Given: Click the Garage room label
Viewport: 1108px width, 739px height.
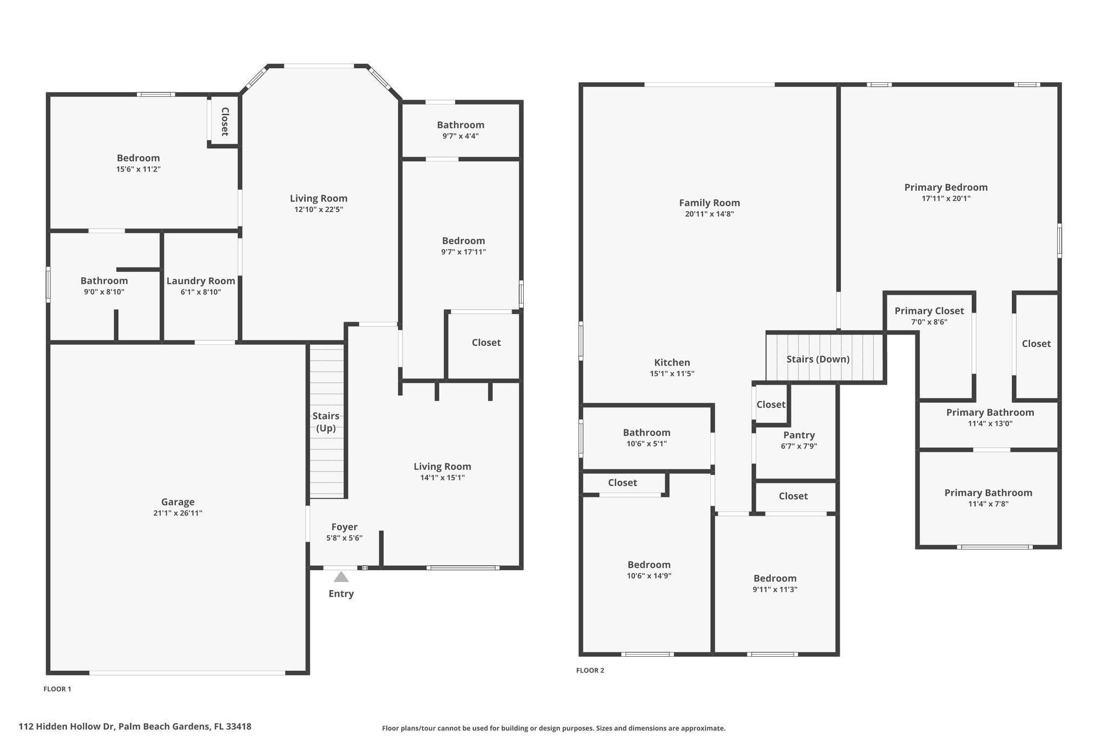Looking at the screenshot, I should [177, 502].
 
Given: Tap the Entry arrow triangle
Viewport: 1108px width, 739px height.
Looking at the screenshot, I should [341, 577].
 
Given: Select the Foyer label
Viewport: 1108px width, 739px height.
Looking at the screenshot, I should [344, 527].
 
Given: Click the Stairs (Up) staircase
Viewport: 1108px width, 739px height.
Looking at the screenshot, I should [327, 422].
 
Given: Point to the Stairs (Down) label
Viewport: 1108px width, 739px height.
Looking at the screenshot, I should [817, 359].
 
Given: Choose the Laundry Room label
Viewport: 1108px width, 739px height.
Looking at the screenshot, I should [201, 281].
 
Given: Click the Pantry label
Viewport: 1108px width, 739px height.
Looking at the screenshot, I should [799, 435].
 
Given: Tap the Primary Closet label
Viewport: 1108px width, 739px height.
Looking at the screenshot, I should [928, 311].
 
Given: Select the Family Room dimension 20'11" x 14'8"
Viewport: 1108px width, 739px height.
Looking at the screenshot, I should [709, 214].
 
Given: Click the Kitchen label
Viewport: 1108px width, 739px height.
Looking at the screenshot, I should [672, 363].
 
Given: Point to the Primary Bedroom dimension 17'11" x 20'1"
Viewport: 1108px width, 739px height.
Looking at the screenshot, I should [946, 199].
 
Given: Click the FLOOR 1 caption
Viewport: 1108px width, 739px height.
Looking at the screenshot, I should [57, 689].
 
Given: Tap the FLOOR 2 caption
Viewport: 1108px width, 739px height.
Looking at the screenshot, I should [590, 670].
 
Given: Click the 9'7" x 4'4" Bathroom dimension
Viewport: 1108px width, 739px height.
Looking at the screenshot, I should [460, 136].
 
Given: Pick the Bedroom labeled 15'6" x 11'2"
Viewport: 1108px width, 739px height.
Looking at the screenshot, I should [138, 158].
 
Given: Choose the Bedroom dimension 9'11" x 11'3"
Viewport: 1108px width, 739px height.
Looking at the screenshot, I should [775, 590].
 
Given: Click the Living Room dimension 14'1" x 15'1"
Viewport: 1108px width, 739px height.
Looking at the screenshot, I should [442, 478].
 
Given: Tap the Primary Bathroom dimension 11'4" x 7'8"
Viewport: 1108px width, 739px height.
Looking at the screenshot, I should [988, 504].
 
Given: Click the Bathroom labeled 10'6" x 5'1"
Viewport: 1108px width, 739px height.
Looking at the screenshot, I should [647, 433].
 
